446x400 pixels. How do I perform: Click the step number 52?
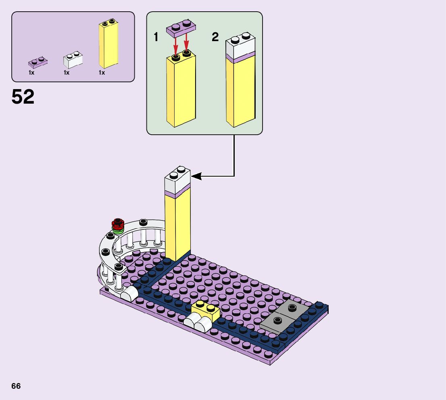(x=23, y=97)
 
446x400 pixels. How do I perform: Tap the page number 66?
(x=16, y=386)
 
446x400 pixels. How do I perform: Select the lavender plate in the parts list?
(x=38, y=62)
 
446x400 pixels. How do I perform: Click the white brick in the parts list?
(x=73, y=60)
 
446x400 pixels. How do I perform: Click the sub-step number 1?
(x=156, y=37)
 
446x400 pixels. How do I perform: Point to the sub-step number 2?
(x=215, y=37)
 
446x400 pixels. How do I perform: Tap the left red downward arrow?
(x=176, y=43)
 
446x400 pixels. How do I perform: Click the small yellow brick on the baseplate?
(x=206, y=310)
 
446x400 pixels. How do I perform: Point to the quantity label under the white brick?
(x=67, y=73)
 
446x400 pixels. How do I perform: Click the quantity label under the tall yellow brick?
(x=102, y=73)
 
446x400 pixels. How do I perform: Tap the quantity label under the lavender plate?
(x=31, y=73)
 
